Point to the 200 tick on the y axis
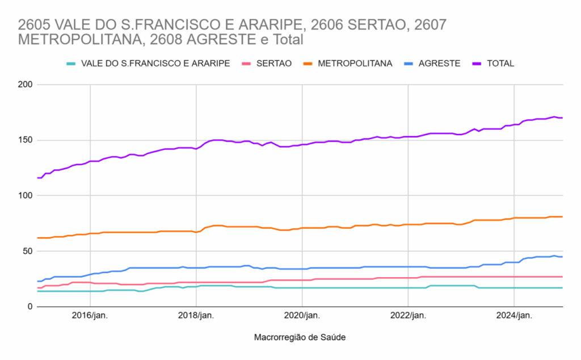(x=25, y=85)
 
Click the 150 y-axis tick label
(x=25, y=140)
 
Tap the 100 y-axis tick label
(x=25, y=195)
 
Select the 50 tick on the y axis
(x=27, y=251)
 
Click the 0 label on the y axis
(x=30, y=307)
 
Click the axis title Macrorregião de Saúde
(x=300, y=337)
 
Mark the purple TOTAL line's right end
(x=562, y=118)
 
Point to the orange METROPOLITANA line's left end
(x=37, y=238)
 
